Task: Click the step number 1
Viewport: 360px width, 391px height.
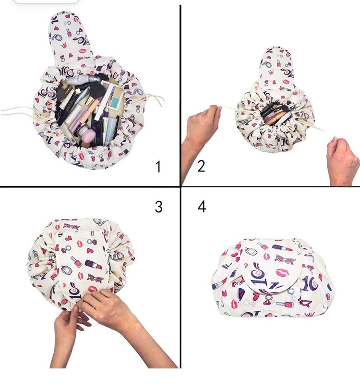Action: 158,167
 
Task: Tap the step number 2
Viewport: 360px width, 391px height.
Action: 201,166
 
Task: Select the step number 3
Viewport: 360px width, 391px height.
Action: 158,207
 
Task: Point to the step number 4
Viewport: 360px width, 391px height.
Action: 202,207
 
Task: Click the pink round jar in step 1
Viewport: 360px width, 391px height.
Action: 87,135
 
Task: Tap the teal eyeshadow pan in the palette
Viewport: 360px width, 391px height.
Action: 115,101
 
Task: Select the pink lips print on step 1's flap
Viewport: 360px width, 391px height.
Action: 83,51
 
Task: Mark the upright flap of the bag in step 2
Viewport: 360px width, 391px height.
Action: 277,67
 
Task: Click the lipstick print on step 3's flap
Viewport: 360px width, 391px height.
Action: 94,265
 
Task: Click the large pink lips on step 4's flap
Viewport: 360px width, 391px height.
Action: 284,272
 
